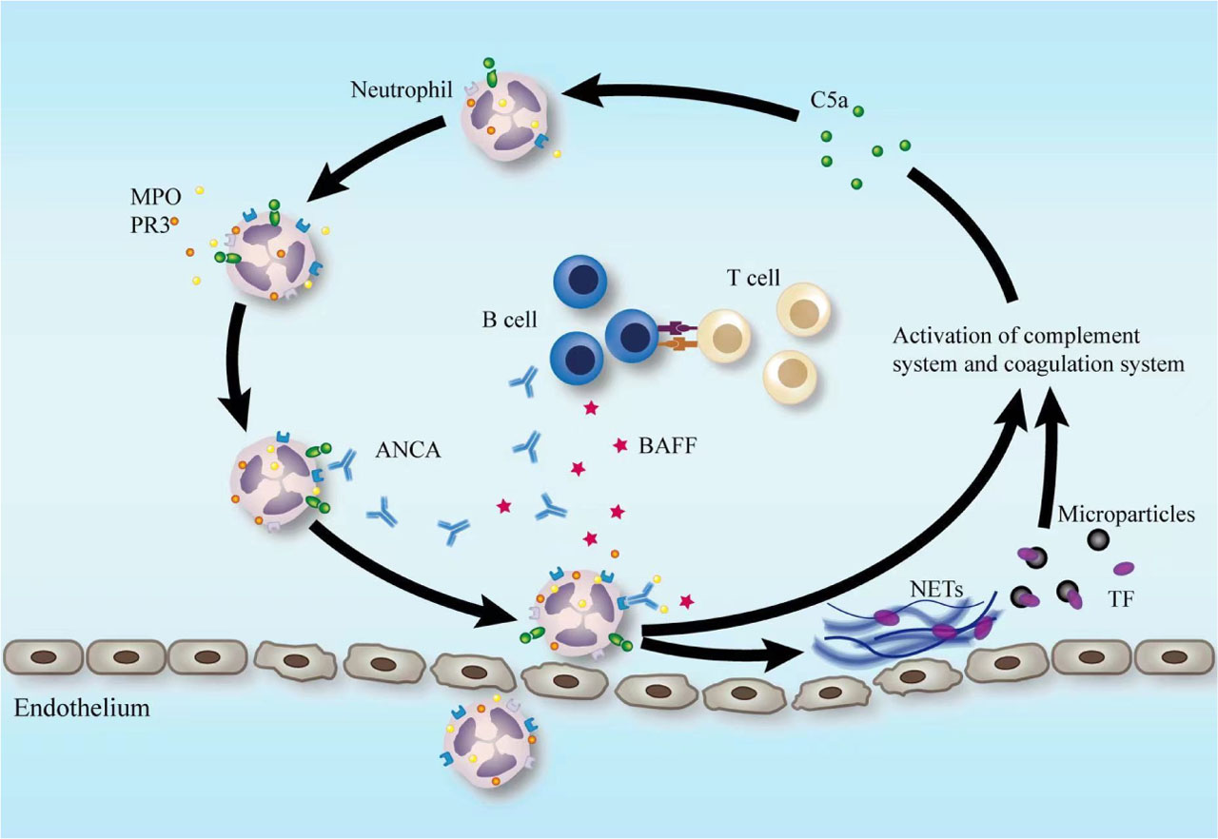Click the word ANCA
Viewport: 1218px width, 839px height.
point(407,451)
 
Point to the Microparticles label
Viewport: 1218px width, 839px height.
point(1126,515)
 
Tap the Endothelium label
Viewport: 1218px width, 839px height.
point(82,709)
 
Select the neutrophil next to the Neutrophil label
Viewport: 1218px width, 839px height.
point(505,114)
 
